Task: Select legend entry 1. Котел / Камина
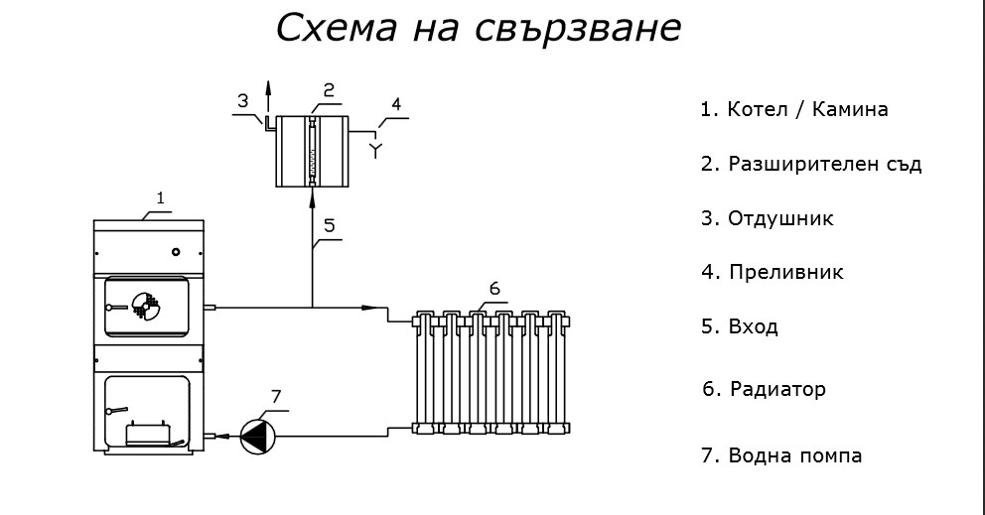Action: click(793, 109)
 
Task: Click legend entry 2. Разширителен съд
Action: click(810, 164)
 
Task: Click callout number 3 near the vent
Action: click(242, 100)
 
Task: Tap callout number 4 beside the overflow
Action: click(396, 104)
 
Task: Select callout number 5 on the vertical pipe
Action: click(329, 225)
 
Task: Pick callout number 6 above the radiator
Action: click(493, 288)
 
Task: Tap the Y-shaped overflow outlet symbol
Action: click(374, 151)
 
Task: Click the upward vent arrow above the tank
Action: click(267, 91)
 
